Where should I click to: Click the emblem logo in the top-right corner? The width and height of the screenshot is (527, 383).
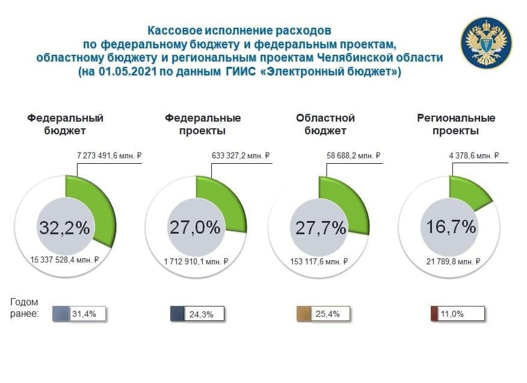tap(486, 43)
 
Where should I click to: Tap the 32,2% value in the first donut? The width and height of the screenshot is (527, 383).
tap(64, 228)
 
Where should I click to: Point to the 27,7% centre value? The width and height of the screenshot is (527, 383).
tap(321, 228)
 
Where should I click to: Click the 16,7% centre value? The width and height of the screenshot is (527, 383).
tap(451, 227)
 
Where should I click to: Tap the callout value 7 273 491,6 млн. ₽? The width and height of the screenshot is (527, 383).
tap(108, 156)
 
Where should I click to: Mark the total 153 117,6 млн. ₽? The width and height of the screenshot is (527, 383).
tap(318, 261)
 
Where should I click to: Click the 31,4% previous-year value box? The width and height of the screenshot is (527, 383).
tap(88, 313)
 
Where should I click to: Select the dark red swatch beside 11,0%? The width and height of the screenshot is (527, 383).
tap(434, 314)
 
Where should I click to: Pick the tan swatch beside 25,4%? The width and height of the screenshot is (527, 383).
tap(304, 314)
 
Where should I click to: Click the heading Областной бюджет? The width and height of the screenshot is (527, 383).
tap(325, 124)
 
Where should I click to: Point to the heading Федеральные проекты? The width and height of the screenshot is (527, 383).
tap(203, 124)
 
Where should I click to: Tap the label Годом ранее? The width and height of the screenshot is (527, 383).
tap(25, 308)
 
